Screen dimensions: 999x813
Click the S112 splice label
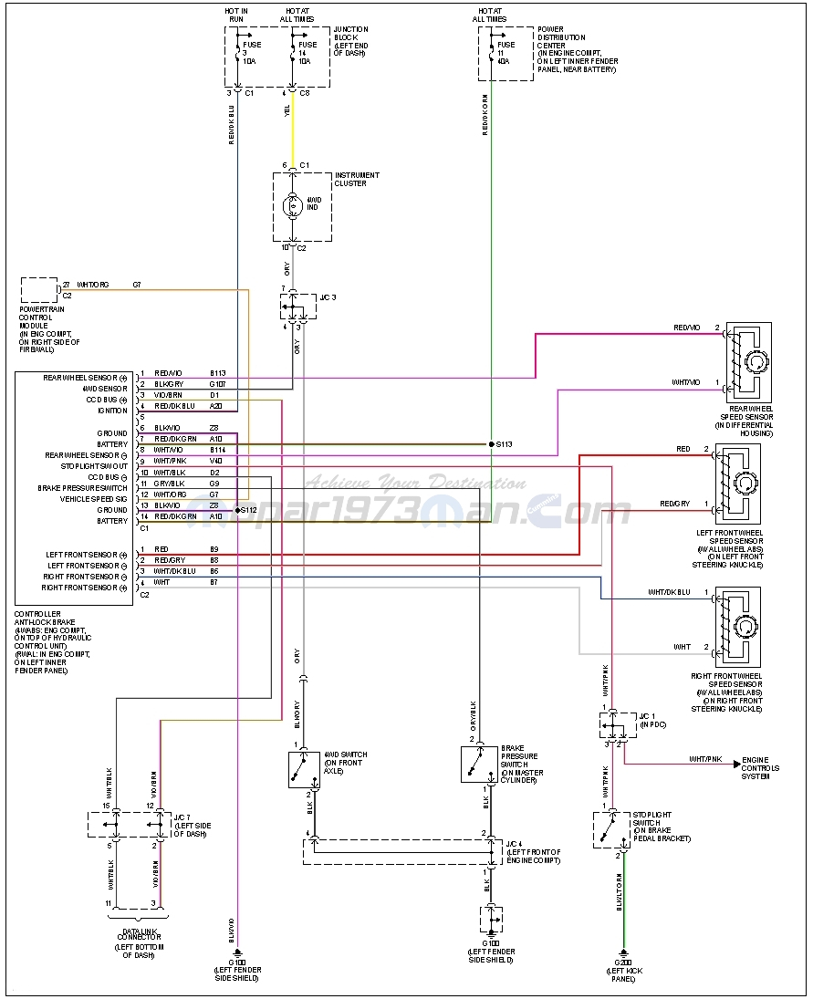click(x=247, y=510)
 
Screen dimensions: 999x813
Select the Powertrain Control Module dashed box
click(x=39, y=290)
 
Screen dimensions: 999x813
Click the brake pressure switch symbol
click(x=479, y=764)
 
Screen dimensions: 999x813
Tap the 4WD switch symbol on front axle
click(x=303, y=769)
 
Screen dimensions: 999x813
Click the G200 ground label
click(x=624, y=963)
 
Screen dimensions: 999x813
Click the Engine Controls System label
click(x=760, y=768)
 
